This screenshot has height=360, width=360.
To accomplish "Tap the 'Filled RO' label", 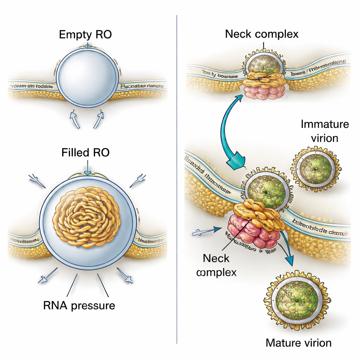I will pos(85,153).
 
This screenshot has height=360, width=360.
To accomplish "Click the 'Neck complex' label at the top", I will pos(262,34).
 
